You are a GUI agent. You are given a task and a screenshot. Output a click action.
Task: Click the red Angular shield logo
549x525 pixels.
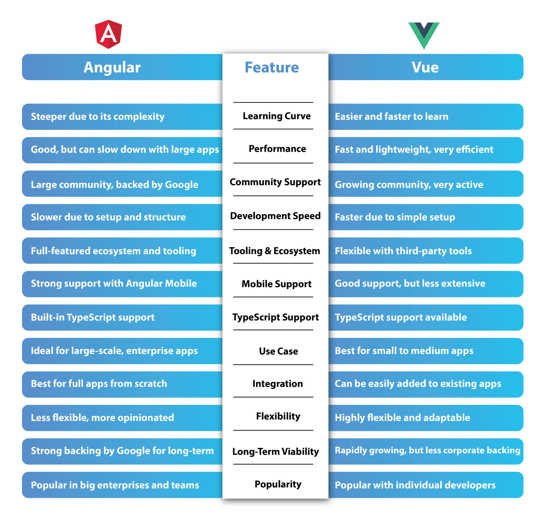pyautogui.click(x=108, y=34)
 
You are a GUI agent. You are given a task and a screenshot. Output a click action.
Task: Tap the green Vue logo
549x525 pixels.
pyautogui.click(x=424, y=36)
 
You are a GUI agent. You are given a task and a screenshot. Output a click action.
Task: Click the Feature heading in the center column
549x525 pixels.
pyautogui.click(x=272, y=67)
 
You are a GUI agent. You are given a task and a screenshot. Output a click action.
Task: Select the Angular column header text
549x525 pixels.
pyautogui.click(x=112, y=67)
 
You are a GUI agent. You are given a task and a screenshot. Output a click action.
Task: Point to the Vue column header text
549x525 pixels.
pyautogui.click(x=425, y=67)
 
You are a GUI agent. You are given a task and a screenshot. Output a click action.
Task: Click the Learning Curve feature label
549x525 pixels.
pyautogui.click(x=276, y=116)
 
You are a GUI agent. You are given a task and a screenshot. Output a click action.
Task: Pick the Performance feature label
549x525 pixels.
pyautogui.click(x=277, y=148)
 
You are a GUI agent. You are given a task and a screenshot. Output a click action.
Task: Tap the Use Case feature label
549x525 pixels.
pyautogui.click(x=278, y=351)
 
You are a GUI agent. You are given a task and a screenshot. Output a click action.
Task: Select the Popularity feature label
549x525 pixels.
pyautogui.click(x=278, y=484)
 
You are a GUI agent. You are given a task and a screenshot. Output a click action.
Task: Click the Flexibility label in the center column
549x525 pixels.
pyautogui.click(x=278, y=416)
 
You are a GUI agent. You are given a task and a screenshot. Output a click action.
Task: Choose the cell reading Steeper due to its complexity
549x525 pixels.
pyautogui.click(x=98, y=117)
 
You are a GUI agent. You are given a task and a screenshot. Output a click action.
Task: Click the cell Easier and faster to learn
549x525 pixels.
pyautogui.click(x=391, y=116)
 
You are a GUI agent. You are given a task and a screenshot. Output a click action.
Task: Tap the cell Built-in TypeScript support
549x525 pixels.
pyautogui.click(x=92, y=317)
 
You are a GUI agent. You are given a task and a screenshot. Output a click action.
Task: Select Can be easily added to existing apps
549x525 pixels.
pyautogui.click(x=418, y=384)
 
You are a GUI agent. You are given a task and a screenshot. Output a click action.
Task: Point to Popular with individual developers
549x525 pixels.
pyautogui.click(x=415, y=485)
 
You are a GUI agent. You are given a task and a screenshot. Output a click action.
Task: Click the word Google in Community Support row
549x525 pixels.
pyautogui.click(x=181, y=185)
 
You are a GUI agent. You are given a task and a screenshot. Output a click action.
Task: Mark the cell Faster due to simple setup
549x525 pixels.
pyautogui.click(x=395, y=217)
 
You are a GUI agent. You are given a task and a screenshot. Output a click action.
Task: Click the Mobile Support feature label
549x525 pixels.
pyautogui.click(x=276, y=284)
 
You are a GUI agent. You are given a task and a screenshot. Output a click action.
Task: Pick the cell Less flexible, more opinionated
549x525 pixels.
pyautogui.click(x=102, y=418)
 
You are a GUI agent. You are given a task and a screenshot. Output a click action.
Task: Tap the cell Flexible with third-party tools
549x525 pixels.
pyautogui.click(x=403, y=251)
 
